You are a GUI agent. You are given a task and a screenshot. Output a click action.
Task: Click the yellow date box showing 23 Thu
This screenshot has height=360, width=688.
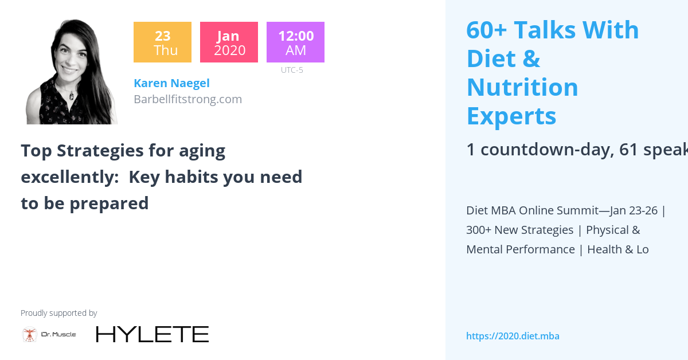162,42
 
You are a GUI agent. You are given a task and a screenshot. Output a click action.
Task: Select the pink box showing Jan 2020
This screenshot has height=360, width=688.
229,42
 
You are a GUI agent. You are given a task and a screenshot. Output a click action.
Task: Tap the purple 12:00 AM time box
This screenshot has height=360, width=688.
295,42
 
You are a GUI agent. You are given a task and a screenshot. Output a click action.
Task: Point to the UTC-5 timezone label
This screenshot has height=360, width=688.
292,71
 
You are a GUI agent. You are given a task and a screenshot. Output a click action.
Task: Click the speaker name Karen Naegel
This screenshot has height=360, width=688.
171,84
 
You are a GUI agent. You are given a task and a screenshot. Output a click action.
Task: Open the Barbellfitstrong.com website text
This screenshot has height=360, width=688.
187,99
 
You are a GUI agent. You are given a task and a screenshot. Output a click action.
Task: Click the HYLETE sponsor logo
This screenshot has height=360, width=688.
152,334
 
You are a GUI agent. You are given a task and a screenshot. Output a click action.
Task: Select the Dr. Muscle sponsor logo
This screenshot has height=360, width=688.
49,334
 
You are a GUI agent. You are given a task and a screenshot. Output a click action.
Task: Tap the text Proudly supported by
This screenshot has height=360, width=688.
58,313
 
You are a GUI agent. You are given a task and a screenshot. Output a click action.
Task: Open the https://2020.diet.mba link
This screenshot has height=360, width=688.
513,336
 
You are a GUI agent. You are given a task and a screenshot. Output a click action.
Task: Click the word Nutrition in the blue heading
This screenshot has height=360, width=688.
522,88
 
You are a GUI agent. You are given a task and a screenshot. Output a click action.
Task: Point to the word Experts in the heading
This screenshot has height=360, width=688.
511,116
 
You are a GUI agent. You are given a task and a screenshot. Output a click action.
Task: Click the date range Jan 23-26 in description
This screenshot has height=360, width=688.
634,210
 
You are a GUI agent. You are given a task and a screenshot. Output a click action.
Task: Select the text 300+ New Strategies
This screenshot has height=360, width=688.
519,230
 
